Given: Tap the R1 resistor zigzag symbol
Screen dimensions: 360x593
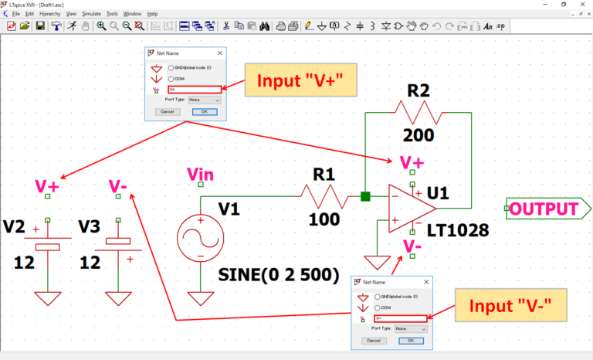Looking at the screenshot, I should click(330, 196).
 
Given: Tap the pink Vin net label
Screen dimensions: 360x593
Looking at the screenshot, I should click(201, 175).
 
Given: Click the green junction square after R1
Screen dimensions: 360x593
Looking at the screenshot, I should click(366, 196).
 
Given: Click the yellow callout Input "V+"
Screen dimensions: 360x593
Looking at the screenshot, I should click(294, 81).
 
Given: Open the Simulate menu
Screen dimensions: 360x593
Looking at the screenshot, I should click(91, 14).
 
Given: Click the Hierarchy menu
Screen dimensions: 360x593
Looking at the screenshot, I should click(49, 14).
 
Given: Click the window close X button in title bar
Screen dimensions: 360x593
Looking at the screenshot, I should click(582, 4).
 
